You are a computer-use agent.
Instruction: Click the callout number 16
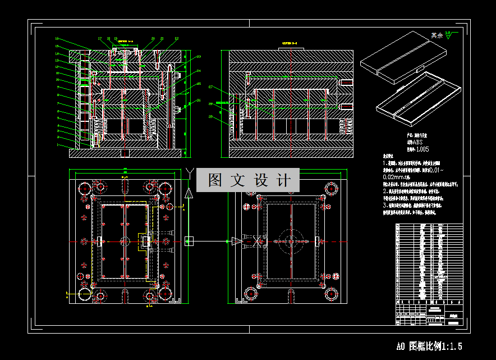[x=57, y=39]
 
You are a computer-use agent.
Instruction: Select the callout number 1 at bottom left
[x=57, y=145]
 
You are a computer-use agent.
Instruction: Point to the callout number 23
[x=198, y=57]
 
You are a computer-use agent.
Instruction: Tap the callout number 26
[x=198, y=101]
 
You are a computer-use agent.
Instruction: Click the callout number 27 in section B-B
[x=210, y=87]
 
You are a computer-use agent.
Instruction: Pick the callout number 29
[x=210, y=116]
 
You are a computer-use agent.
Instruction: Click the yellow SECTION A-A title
[x=126, y=41]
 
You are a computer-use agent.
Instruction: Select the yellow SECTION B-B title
[x=288, y=42]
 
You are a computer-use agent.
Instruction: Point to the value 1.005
[x=421, y=149]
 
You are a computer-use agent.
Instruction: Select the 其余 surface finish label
[x=437, y=35]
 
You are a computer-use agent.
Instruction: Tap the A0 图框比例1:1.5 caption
[x=429, y=346]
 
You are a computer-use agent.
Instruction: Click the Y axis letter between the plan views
[x=190, y=171]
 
